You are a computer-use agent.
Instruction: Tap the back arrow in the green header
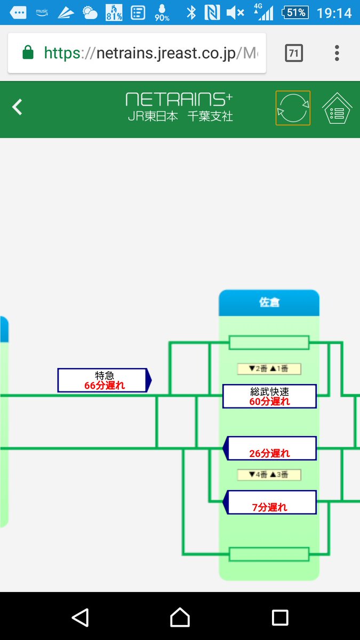(x=18, y=107)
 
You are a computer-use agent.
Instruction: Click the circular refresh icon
(x=293, y=108)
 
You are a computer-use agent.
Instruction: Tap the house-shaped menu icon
(x=337, y=109)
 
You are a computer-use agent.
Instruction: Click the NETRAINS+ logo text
(x=179, y=99)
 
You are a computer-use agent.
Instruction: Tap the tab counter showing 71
(x=293, y=53)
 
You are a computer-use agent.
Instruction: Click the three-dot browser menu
(x=337, y=53)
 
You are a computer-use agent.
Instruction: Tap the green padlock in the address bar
(x=28, y=53)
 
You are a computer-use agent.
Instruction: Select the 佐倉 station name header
(x=269, y=302)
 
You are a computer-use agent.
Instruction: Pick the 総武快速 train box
(x=269, y=396)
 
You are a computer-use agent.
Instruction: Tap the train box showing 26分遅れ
(x=271, y=449)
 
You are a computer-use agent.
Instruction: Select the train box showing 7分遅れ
(x=271, y=502)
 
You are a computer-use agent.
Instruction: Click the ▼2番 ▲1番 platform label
(x=269, y=369)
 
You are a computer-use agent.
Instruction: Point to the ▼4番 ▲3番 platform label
(x=269, y=475)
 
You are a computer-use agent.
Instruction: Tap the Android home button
(x=180, y=617)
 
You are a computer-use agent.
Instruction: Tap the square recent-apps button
(x=280, y=617)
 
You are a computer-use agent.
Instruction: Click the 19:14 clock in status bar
(x=334, y=12)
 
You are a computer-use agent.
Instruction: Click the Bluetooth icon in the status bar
(x=191, y=12)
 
